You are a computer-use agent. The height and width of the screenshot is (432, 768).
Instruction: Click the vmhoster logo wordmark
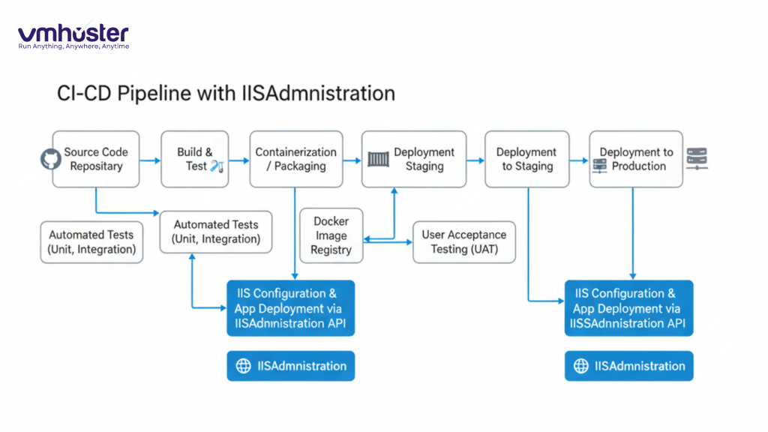(73, 33)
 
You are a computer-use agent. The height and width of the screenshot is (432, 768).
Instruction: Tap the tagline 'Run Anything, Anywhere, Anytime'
(73, 46)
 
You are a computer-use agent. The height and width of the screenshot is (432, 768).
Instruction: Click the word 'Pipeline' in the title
(157, 93)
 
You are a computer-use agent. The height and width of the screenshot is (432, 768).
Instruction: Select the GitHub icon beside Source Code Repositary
(50, 159)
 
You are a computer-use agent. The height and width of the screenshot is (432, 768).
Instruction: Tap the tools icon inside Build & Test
(217, 166)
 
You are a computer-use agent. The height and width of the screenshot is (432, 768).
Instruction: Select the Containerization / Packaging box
(295, 159)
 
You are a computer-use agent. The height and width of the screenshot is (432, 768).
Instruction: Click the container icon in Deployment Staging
(379, 159)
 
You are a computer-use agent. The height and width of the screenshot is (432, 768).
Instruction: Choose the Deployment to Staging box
(526, 159)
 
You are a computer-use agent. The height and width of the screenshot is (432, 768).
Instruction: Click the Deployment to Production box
(635, 159)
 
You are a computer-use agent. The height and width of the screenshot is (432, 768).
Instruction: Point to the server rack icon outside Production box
(697, 159)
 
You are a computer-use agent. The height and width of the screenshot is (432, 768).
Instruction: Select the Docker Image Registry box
(331, 235)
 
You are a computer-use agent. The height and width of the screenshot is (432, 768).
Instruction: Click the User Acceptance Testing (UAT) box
(464, 241)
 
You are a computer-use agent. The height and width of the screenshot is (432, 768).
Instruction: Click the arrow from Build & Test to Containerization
(238, 160)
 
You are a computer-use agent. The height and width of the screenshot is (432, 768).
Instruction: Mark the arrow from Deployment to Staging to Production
(578, 160)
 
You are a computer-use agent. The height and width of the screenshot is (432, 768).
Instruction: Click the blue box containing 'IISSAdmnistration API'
(628, 308)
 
